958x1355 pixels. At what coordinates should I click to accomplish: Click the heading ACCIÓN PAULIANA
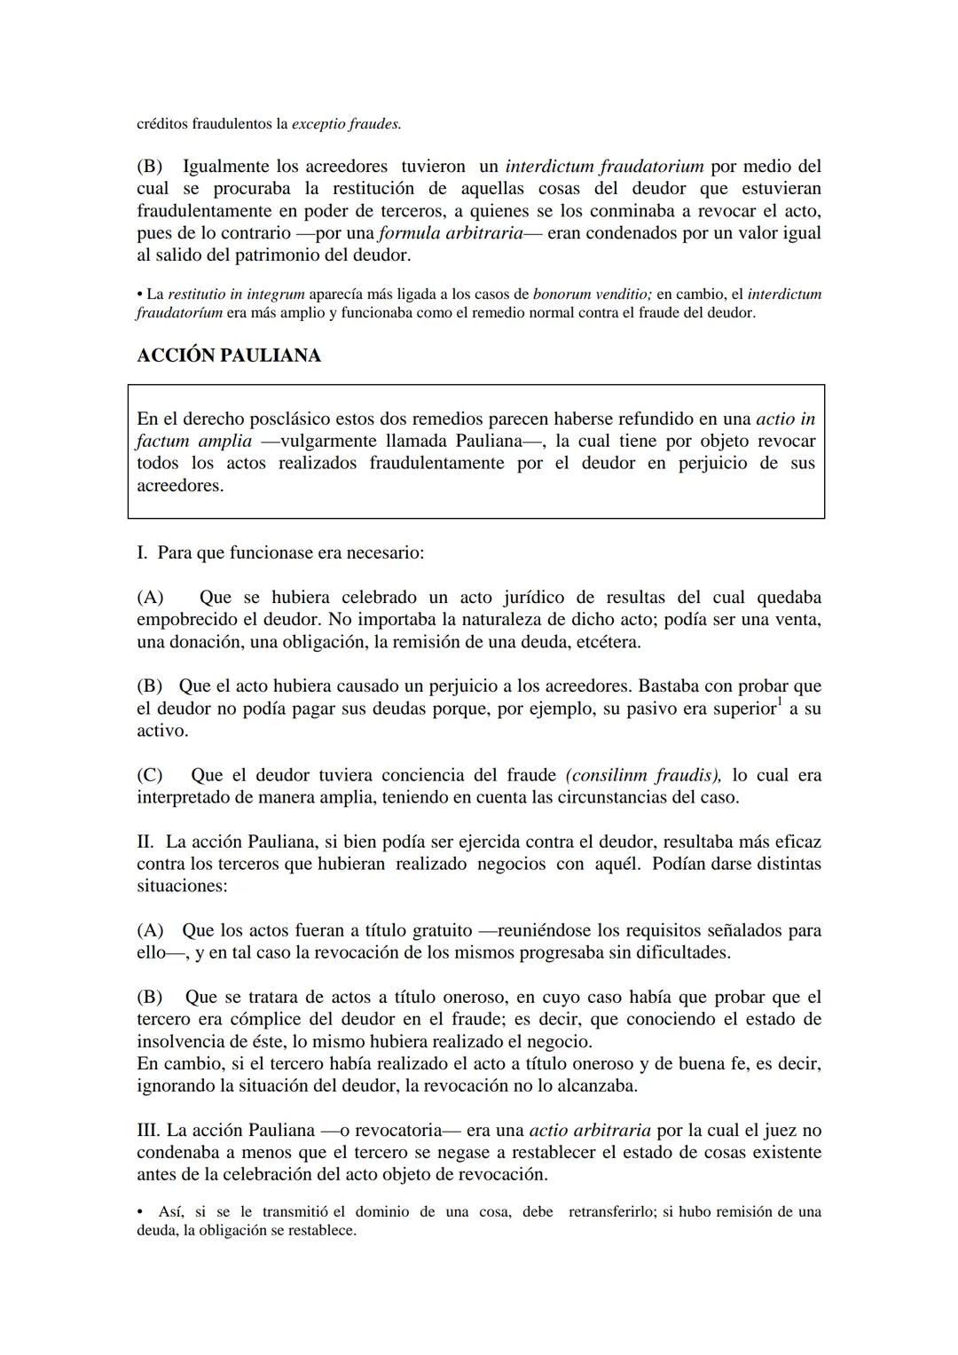click(x=229, y=356)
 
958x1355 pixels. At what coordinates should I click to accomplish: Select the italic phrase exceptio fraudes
click(x=346, y=124)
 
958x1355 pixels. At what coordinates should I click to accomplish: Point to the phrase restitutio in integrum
click(x=236, y=294)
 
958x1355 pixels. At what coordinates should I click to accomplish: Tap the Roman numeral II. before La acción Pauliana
click(x=146, y=842)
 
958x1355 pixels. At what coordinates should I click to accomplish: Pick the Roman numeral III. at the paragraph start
click(x=148, y=1131)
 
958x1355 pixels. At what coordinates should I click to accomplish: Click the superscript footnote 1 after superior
click(x=780, y=702)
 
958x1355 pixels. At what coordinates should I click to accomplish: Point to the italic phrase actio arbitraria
click(x=589, y=1131)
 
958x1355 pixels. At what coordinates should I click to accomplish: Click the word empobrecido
click(x=185, y=620)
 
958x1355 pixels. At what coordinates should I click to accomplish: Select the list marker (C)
click(x=149, y=775)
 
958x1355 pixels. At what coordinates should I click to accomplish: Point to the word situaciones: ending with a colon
click(x=182, y=886)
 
